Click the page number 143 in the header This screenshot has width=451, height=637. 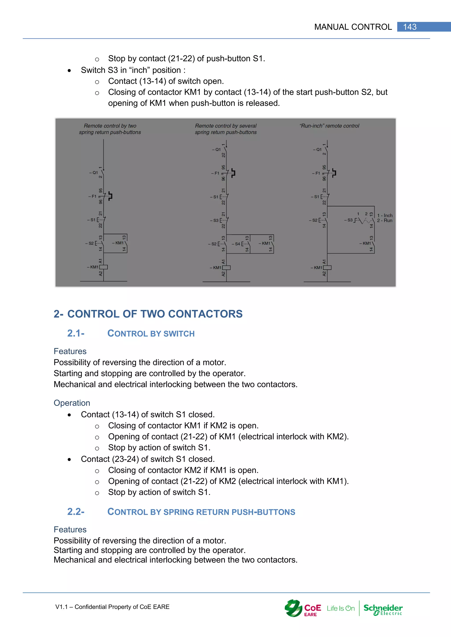pos(410,27)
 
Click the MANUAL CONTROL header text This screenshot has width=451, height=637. pos(353,27)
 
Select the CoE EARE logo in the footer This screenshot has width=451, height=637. pos(303,608)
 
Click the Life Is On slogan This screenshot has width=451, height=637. pos(341,608)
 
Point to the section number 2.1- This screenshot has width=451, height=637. pos(76,333)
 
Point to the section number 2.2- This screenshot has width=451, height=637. pos(76,512)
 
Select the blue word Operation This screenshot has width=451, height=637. pos(72,403)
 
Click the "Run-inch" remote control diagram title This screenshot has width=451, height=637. pos(329,126)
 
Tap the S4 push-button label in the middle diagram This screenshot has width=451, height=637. pos(237,244)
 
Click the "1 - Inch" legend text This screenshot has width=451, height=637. pos(385,215)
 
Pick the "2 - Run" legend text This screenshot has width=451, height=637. pos(385,221)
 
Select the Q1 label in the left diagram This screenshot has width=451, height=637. pos(94,173)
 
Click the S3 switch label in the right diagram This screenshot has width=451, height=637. pos(349,220)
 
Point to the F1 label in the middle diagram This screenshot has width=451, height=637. pos(216,173)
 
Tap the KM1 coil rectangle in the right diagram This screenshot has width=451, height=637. pos(327,268)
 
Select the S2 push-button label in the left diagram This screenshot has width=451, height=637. pos(91,243)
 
